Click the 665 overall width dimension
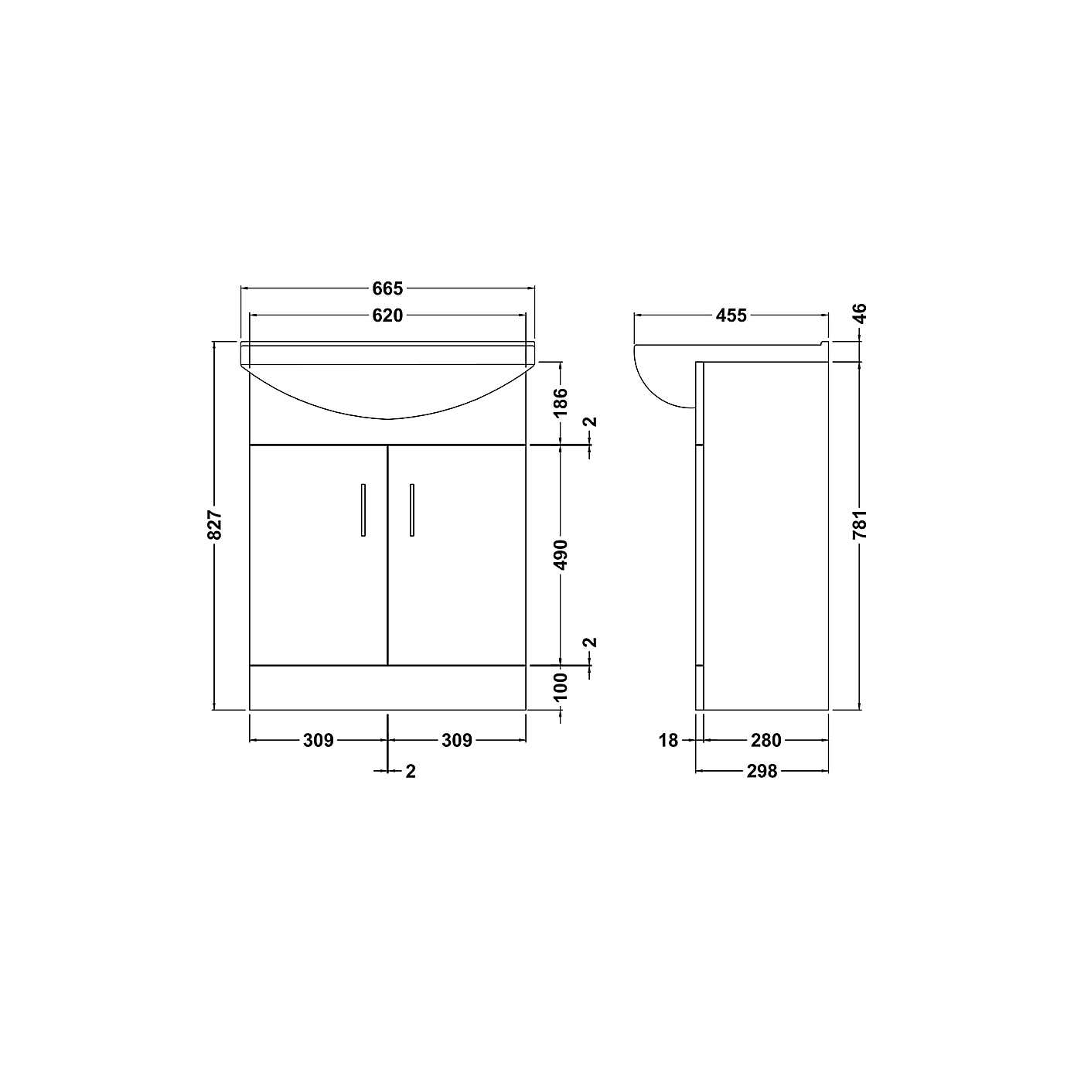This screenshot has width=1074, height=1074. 387,288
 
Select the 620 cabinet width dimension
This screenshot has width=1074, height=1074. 387,315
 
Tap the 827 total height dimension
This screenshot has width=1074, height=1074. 216,524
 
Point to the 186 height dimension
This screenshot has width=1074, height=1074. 561,403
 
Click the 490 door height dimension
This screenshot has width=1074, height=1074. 561,554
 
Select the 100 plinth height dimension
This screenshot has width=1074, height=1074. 561,687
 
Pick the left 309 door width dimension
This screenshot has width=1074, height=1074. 318,740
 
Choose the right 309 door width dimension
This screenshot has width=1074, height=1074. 456,740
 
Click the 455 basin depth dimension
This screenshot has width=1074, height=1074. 731,315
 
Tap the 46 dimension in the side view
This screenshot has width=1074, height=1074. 860,313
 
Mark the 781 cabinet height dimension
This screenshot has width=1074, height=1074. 860,524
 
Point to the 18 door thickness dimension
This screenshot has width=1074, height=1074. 668,740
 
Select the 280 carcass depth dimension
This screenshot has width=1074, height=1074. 765,740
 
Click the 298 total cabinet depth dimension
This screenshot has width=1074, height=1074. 762,771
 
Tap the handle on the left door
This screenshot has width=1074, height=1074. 363,510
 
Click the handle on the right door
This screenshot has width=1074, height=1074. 412,510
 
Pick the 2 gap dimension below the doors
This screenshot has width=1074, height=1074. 411,771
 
